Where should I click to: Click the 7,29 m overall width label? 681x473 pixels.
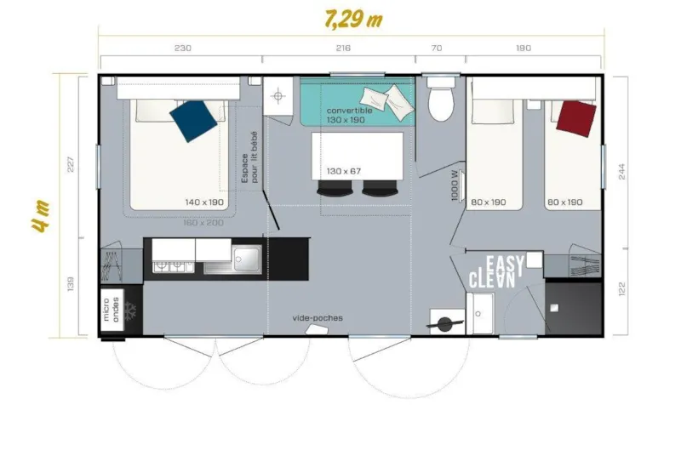click(x=352, y=19)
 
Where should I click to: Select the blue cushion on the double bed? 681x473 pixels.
click(x=193, y=120)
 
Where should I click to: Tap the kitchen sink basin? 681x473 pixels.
click(x=247, y=258)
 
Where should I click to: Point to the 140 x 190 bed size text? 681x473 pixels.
click(x=204, y=202)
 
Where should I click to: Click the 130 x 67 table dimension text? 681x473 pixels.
click(x=344, y=171)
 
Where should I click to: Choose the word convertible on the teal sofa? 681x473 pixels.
click(x=349, y=111)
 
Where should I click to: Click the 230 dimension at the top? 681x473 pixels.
click(x=182, y=48)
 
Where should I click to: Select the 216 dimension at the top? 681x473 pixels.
click(x=343, y=48)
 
